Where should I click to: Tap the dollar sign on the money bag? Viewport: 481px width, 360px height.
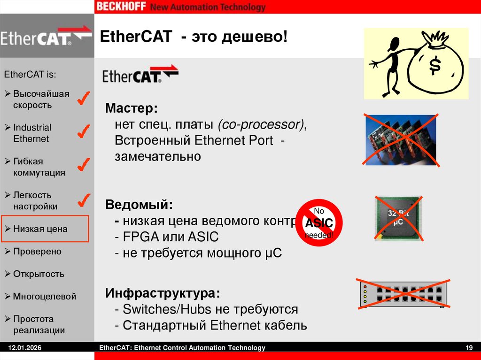(435, 66)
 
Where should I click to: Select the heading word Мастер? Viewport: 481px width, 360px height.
(132, 109)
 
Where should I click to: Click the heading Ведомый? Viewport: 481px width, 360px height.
(139, 205)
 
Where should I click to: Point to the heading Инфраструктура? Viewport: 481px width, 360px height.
(163, 294)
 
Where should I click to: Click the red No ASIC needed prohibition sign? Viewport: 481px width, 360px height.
(319, 222)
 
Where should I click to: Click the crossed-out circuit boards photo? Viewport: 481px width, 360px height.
(401, 139)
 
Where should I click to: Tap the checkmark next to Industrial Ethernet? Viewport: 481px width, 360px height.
(84, 132)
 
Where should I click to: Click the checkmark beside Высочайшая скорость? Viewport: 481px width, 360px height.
(84, 98)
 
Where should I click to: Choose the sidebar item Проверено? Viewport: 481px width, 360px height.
(37, 252)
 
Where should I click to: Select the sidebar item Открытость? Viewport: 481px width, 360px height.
(39, 274)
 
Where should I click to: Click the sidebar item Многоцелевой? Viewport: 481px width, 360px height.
(44, 297)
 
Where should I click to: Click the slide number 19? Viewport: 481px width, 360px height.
(468, 348)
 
